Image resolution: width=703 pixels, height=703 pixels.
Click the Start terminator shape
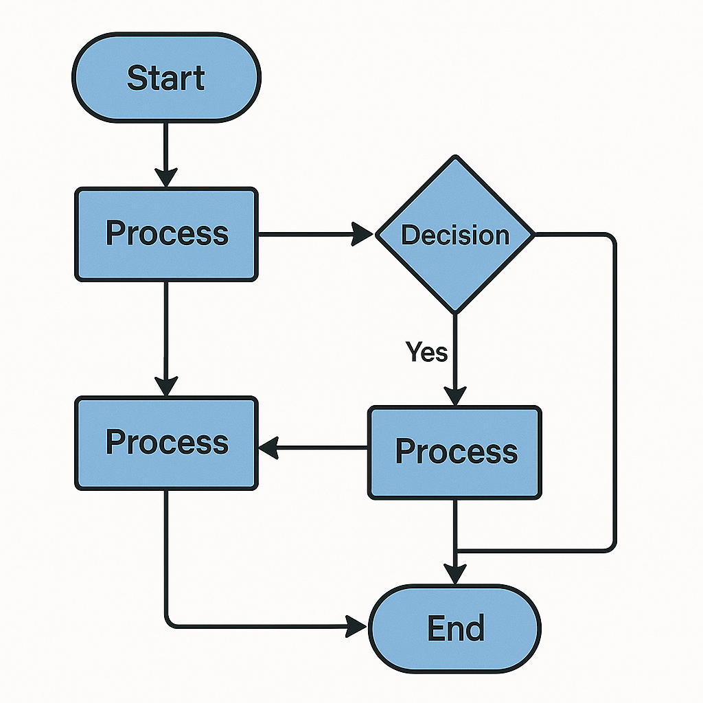(166, 77)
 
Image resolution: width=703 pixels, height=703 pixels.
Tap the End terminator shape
(454, 629)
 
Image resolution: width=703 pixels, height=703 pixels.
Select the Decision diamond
(455, 234)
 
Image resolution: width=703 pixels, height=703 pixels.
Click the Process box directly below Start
(166, 234)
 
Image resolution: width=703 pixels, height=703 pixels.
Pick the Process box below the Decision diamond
(454, 452)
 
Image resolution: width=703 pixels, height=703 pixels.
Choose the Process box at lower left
(166, 443)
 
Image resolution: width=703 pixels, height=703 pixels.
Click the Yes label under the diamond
(426, 352)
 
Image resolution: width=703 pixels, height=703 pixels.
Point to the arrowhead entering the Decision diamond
(362, 234)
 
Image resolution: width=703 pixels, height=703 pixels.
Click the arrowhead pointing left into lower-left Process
(269, 448)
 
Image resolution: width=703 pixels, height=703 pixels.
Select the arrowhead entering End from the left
(357, 626)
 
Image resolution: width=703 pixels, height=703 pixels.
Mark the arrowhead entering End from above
(455, 575)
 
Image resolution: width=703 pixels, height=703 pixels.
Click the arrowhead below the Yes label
(455, 396)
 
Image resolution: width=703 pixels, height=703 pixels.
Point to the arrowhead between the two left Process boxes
(166, 387)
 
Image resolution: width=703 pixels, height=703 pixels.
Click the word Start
(166, 78)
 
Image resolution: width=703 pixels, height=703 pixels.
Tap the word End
(456, 628)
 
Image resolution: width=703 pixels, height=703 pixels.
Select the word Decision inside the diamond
(455, 235)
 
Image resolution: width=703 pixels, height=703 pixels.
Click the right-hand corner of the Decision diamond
(535, 234)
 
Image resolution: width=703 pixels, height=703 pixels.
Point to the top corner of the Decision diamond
(456, 156)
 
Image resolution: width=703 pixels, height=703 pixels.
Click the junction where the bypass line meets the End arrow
(456, 550)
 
